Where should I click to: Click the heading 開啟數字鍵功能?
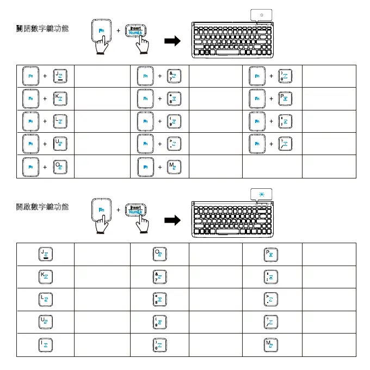click(x=42, y=207)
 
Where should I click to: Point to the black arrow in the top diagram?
click(x=172, y=41)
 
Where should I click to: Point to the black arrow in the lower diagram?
click(x=172, y=220)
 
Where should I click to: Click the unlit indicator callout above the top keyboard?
click(x=263, y=15)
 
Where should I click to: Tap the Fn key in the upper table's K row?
click(x=30, y=99)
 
